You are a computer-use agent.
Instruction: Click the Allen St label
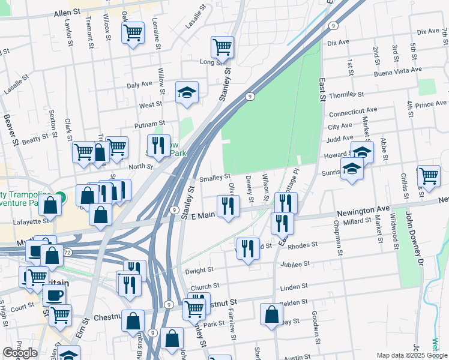tap(67, 13)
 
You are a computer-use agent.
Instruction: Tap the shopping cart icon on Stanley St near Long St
tap(223, 47)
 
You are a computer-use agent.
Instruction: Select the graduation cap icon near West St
tap(187, 92)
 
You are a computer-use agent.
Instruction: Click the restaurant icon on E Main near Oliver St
tap(228, 206)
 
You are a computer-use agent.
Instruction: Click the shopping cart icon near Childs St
tap(429, 176)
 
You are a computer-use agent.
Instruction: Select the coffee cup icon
tap(55, 295)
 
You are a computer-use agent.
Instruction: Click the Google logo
tap(20, 353)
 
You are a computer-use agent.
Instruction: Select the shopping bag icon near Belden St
tap(272, 314)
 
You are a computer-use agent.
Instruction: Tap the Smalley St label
tap(215, 178)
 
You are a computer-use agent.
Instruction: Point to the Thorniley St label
tap(347, 95)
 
